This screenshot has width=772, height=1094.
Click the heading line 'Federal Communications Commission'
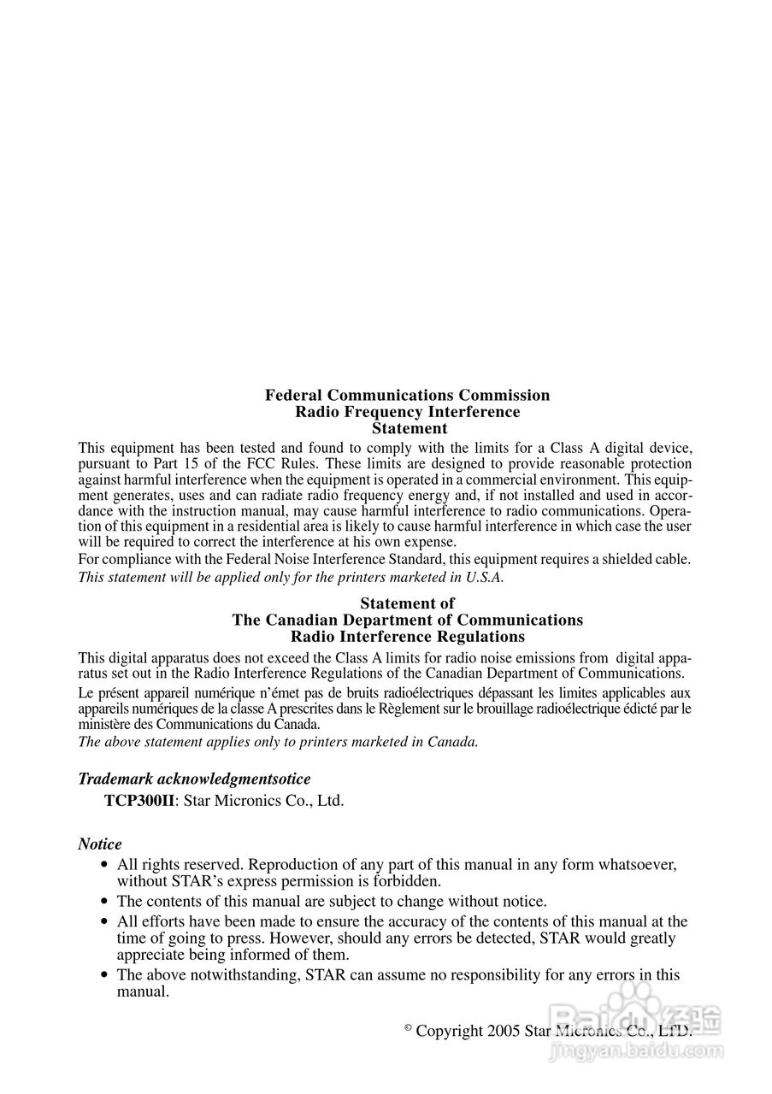point(407,395)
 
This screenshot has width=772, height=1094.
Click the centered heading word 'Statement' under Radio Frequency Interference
point(410,428)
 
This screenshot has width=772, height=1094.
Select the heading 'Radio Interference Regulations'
point(407,637)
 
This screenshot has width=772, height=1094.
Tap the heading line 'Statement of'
point(407,603)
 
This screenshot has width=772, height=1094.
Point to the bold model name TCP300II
point(139,801)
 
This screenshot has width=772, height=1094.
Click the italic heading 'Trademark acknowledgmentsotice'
point(194,779)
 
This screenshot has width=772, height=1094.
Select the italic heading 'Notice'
point(100,844)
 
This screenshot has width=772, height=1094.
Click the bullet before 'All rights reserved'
point(105,865)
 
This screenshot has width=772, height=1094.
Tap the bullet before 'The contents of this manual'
point(105,902)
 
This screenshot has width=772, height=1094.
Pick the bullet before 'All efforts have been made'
point(105,922)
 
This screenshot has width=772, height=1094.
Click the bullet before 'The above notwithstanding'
point(105,975)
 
